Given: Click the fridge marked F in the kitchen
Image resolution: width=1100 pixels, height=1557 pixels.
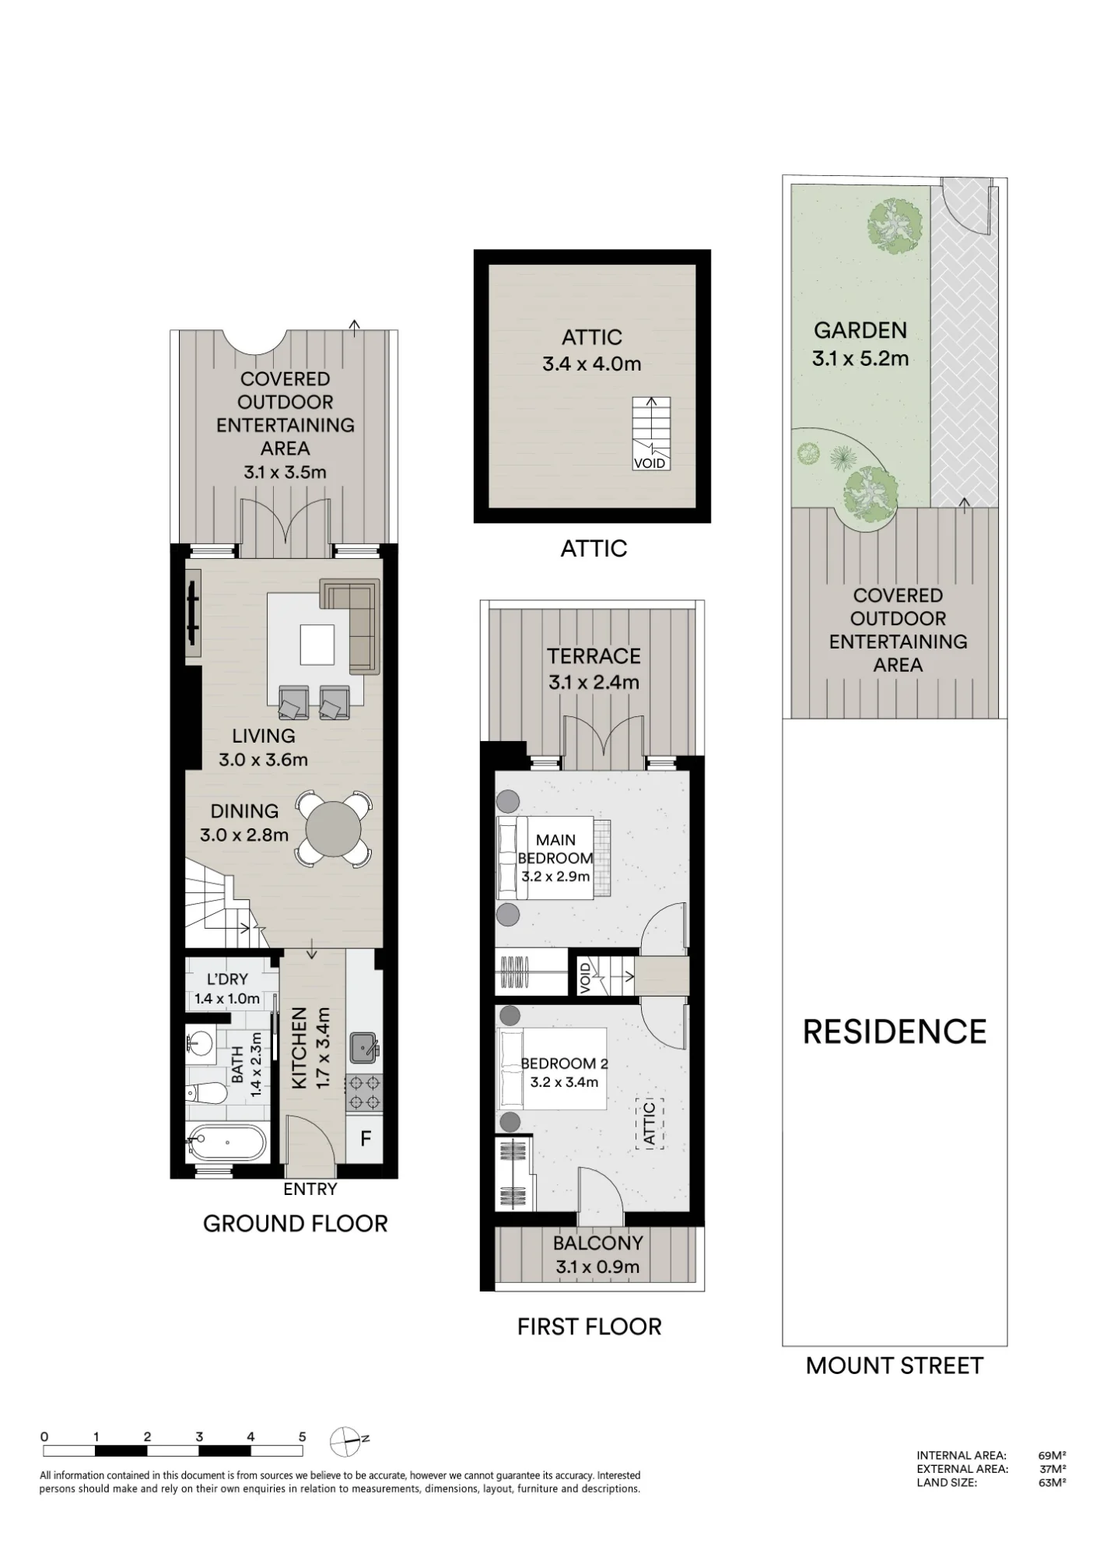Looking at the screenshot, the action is click(x=365, y=1139).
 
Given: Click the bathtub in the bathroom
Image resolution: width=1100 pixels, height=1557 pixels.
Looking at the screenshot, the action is click(x=226, y=1143).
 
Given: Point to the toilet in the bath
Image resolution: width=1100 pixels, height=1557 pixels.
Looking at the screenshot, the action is click(x=207, y=1093).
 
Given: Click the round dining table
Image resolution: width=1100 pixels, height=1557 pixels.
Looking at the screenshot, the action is click(x=334, y=828).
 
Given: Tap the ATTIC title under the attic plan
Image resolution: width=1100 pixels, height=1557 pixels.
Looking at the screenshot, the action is click(x=594, y=548).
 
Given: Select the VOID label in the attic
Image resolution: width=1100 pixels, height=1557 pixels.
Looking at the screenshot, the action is click(x=650, y=463).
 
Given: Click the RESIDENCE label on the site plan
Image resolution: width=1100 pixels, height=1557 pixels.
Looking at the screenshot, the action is click(x=895, y=1032).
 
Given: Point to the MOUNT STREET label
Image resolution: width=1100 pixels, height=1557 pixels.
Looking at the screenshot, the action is click(x=895, y=1365).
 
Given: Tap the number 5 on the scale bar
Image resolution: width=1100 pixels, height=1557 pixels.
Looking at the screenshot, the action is click(x=302, y=1437).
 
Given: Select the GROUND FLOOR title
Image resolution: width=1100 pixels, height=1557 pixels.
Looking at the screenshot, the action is click(x=295, y=1223).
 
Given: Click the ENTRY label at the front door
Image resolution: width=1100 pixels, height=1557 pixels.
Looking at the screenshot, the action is click(x=310, y=1189).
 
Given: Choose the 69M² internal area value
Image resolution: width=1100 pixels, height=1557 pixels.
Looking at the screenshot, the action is click(x=1052, y=1455).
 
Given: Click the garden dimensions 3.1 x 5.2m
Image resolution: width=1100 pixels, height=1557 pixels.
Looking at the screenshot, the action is click(x=860, y=359).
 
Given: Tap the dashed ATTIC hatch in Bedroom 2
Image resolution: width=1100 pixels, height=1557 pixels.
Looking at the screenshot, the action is click(x=650, y=1123).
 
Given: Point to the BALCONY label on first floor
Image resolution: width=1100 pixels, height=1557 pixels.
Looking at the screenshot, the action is click(x=598, y=1243).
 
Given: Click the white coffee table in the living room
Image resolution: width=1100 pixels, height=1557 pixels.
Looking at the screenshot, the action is click(x=317, y=645).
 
